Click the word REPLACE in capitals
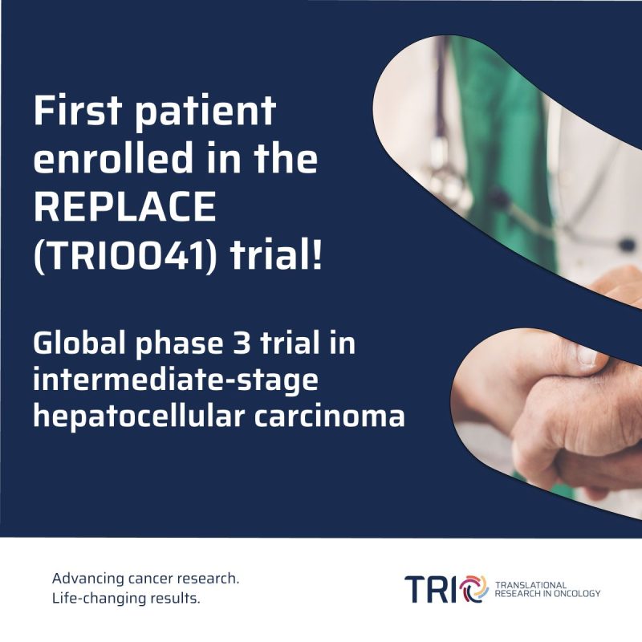(125, 209)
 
